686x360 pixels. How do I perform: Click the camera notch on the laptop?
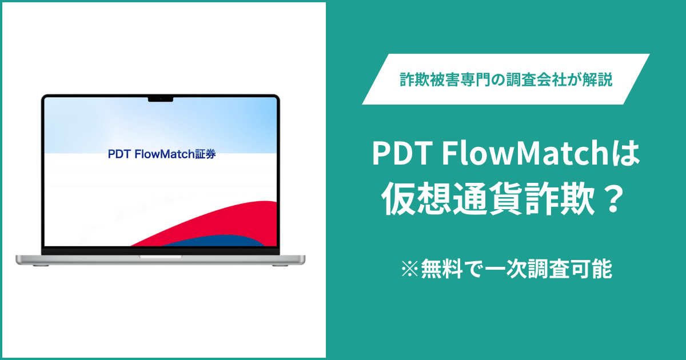[161, 99]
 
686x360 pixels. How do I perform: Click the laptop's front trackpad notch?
[161, 257]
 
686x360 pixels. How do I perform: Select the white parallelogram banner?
[506, 79]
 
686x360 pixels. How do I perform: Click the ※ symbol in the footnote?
[410, 269]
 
